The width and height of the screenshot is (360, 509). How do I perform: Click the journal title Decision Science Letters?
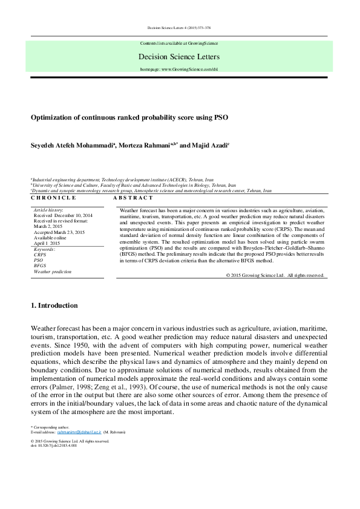(179, 57)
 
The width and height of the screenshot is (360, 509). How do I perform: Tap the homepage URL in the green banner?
(179, 70)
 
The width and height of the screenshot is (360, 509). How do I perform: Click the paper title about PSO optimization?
(129, 117)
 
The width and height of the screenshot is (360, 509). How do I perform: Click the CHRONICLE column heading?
(53, 198)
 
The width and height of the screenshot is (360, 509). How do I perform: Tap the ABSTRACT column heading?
(133, 198)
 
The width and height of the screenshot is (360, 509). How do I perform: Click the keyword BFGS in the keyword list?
(40, 266)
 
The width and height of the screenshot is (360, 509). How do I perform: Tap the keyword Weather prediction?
(53, 272)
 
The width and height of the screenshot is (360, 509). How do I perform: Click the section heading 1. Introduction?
(54, 305)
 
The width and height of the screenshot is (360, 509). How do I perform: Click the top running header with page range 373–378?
(179, 28)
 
